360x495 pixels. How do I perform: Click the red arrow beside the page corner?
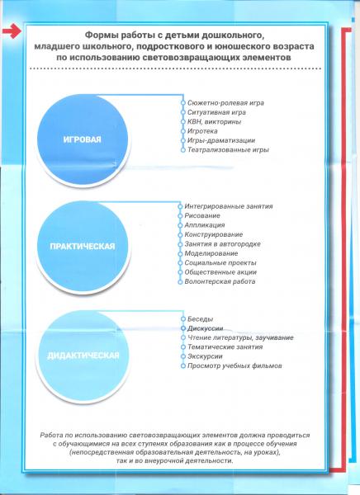pyautogui.click(x=12, y=31)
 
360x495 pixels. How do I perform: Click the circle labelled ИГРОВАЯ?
pyautogui.click(x=83, y=139)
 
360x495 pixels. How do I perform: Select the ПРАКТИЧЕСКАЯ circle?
pyautogui.click(x=83, y=247)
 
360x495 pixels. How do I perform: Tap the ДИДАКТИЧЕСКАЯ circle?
pyautogui.click(x=83, y=356)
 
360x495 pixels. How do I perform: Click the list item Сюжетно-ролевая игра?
pyautogui.click(x=225, y=103)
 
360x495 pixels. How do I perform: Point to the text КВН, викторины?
pyautogui.click(x=214, y=122)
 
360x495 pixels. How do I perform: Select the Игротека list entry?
pyautogui.click(x=202, y=131)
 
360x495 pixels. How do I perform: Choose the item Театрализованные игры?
pyautogui.click(x=228, y=149)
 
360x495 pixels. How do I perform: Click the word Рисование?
pyautogui.click(x=202, y=216)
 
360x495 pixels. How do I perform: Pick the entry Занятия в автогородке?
pyautogui.click(x=222, y=244)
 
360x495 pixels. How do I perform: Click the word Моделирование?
pyautogui.click(x=211, y=253)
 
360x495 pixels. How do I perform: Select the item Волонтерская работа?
pyautogui.click(x=220, y=281)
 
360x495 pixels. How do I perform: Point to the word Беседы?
pyautogui.click(x=200, y=319)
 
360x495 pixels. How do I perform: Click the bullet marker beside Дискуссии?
pyautogui.click(x=183, y=328)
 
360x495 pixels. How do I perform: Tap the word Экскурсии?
pyautogui.click(x=205, y=356)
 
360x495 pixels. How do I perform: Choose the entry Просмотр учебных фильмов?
pyautogui.click(x=234, y=365)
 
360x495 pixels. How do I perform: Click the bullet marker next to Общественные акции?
pyautogui.click(x=180, y=272)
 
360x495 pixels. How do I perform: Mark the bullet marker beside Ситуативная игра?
pyautogui.click(x=183, y=112)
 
